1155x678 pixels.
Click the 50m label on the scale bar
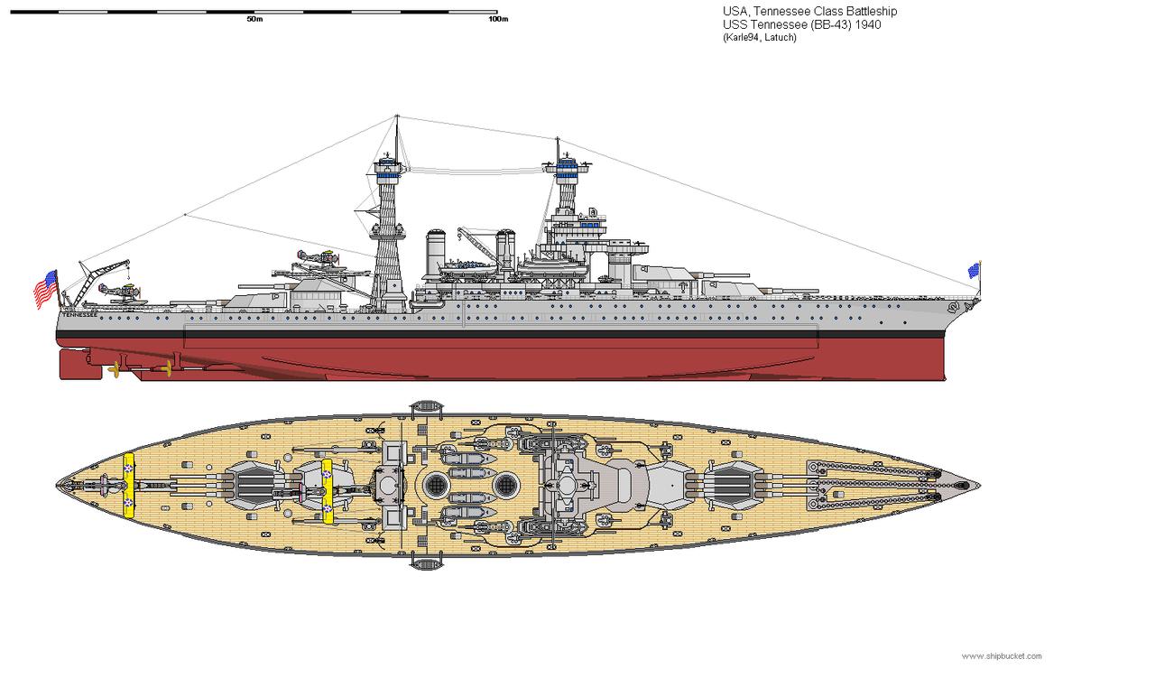pos(254,19)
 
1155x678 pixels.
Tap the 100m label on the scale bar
pos(497,19)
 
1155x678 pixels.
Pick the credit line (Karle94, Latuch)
pos(759,37)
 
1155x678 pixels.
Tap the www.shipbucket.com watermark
pos(1002,656)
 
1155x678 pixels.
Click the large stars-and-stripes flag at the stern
pos(45,288)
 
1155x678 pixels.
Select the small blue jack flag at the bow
pos(974,270)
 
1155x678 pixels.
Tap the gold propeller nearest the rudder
pos(114,369)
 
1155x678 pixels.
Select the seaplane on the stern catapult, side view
pos(120,291)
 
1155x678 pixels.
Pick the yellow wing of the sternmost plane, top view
pos(130,487)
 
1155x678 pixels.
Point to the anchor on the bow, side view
pos(956,309)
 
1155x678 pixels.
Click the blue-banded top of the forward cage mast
pos(567,165)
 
